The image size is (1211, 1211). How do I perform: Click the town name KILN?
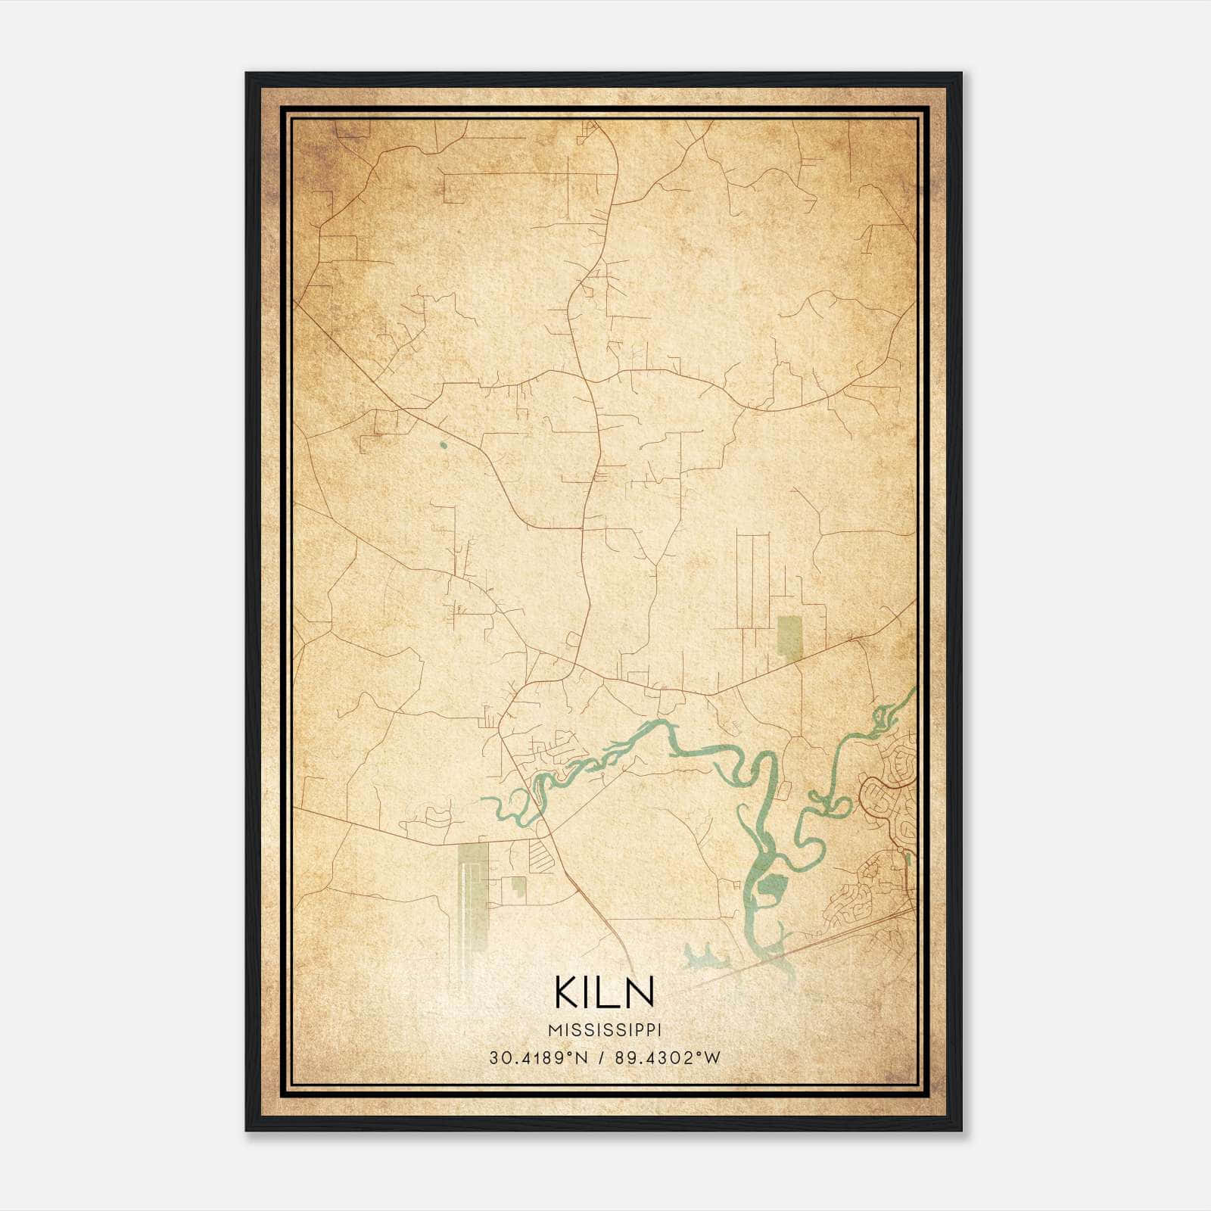pyautogui.click(x=604, y=992)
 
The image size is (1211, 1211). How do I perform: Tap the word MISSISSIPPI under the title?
pyautogui.click(x=604, y=1030)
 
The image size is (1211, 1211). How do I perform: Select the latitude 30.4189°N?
pyautogui.click(x=538, y=1058)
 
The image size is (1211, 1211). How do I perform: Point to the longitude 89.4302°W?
pyautogui.click(x=666, y=1058)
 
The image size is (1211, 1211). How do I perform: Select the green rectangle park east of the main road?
pyautogui.click(x=789, y=636)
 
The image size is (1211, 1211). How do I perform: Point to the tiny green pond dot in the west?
pyautogui.click(x=443, y=444)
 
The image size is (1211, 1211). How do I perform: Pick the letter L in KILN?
pyautogui.click(x=607, y=992)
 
